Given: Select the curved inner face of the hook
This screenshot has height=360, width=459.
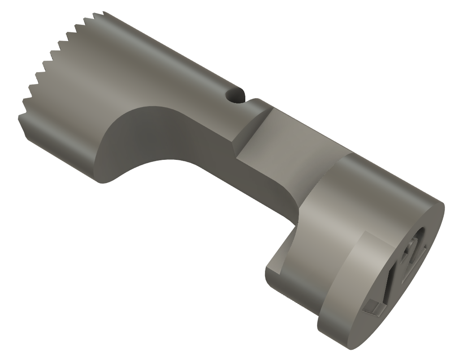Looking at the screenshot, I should point(287,251).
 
